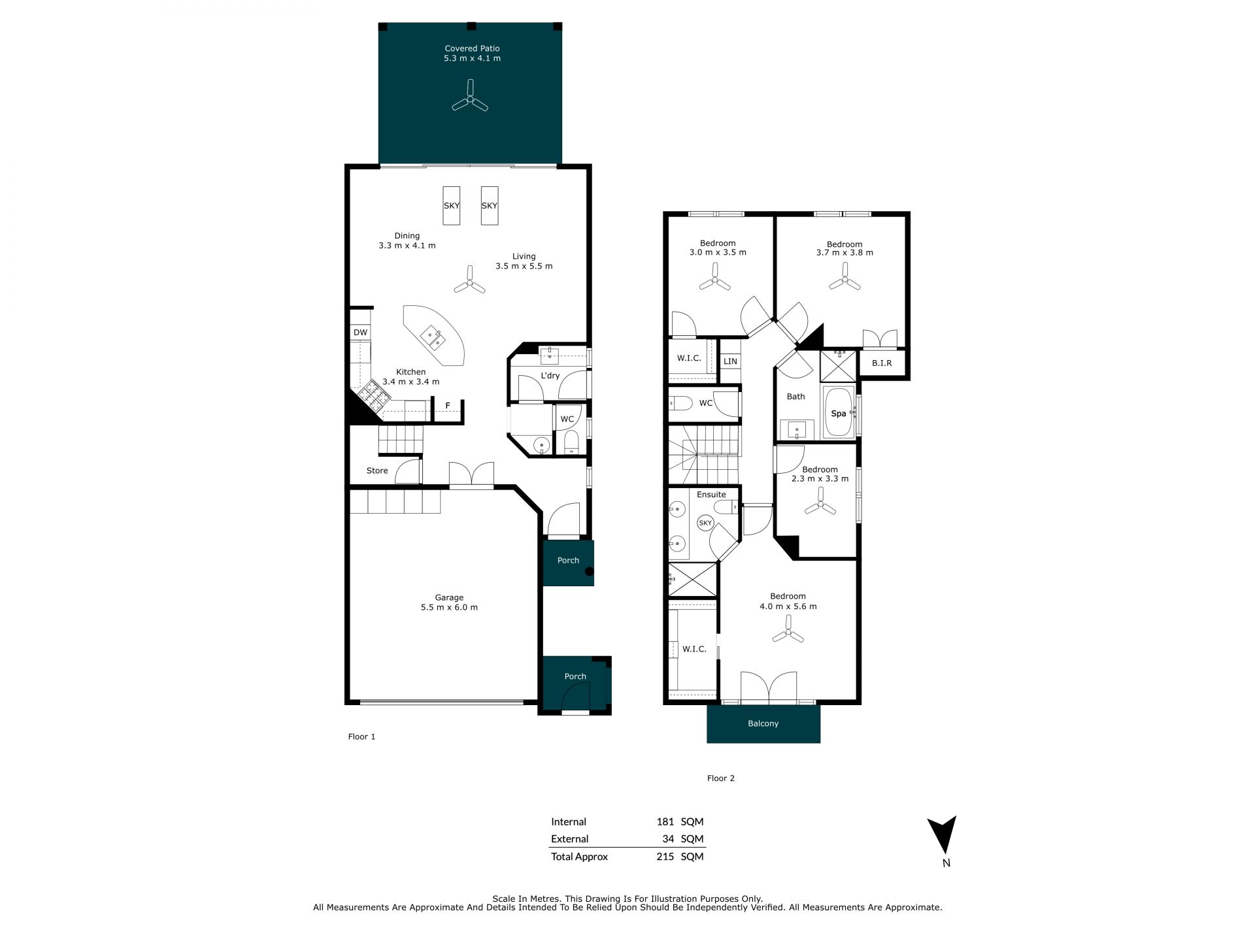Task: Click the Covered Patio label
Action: point(472,48)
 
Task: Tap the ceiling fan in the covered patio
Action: point(470,98)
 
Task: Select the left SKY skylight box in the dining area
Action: point(451,205)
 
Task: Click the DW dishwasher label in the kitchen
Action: point(360,333)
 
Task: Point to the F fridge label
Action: point(448,406)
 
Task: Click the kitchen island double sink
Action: point(432,338)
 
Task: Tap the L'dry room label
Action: point(550,376)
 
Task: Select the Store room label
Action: point(377,470)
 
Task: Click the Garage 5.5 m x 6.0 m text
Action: point(449,603)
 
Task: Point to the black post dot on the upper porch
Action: point(589,572)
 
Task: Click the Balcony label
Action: point(763,723)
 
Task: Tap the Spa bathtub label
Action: point(838,414)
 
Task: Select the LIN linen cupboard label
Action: point(730,361)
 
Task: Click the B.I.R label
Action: point(882,363)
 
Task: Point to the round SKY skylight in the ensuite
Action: point(705,523)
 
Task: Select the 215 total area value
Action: point(665,857)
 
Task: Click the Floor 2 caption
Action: point(721,778)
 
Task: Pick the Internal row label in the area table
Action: point(569,822)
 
